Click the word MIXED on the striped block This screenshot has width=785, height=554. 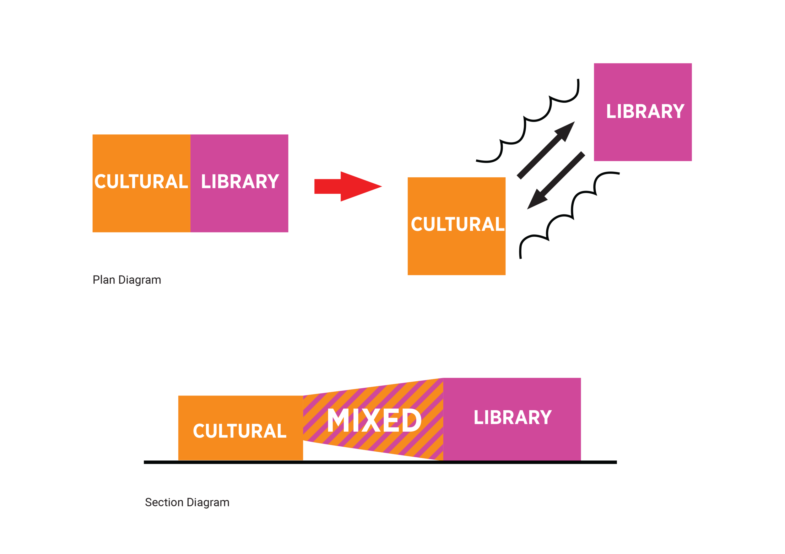374,420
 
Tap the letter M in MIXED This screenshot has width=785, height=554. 339,420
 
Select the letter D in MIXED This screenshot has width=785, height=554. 411,420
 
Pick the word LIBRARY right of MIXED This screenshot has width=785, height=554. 512,418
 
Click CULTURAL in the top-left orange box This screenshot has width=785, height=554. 141,181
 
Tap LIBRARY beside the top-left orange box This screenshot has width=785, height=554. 240,181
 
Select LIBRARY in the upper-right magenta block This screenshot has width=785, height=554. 645,111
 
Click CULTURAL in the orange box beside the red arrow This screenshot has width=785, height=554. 457,224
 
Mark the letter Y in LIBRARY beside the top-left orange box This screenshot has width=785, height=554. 273,181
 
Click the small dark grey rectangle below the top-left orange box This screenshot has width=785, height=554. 127,283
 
